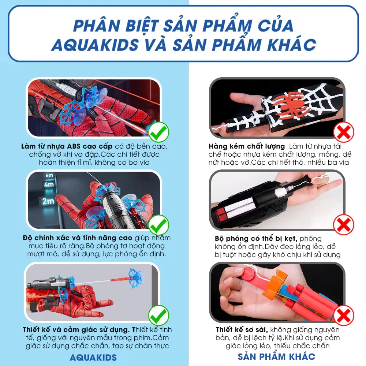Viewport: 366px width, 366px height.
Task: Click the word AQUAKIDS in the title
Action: pyautogui.click(x=95, y=45)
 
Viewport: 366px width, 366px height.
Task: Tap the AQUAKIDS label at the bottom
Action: pyautogui.click(x=93, y=358)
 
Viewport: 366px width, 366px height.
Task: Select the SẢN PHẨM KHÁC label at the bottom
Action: pyautogui.click(x=276, y=356)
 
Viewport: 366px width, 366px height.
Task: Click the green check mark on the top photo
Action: pyautogui.click(x=159, y=132)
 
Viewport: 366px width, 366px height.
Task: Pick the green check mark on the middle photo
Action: pyautogui.click(x=159, y=225)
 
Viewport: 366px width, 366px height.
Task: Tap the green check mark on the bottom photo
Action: pyautogui.click(x=159, y=315)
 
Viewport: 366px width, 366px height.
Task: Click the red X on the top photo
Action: pyautogui.click(x=344, y=132)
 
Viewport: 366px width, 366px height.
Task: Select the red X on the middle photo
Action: pyautogui.click(x=344, y=225)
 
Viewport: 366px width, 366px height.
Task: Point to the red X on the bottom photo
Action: pyautogui.click(x=344, y=315)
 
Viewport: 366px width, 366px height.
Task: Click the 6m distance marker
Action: pyautogui.click(x=49, y=175)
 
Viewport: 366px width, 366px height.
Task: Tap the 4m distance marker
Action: pyautogui.click(x=49, y=184)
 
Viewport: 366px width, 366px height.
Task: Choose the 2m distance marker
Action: pyautogui.click(x=48, y=201)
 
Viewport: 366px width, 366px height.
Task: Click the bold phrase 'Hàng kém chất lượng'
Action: pyautogui.click(x=246, y=146)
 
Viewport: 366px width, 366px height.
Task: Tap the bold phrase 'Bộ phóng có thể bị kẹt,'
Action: pyautogui.click(x=256, y=239)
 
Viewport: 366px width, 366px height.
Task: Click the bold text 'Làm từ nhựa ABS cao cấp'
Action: pyautogui.click(x=67, y=146)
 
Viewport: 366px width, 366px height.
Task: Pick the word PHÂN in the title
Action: pyautogui.click(x=97, y=26)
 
